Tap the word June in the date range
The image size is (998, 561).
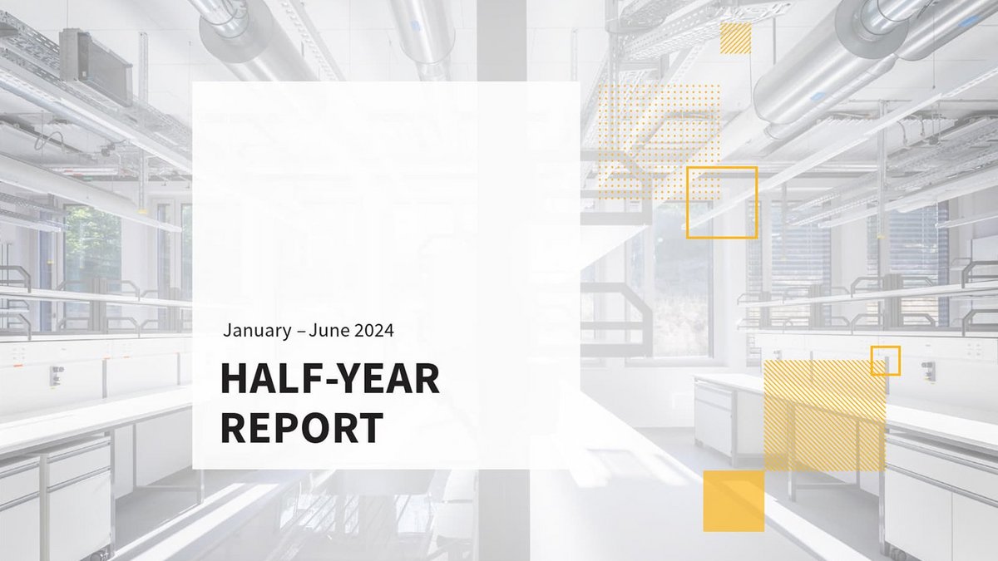coord(329,330)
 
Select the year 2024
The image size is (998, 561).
coord(373,330)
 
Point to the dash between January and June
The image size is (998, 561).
coord(301,331)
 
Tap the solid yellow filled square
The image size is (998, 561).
coord(734,501)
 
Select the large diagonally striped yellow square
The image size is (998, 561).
coord(824,416)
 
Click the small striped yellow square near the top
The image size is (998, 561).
coord(735,38)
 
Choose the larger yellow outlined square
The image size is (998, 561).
coord(722,202)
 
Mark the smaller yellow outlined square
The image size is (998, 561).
coord(885,361)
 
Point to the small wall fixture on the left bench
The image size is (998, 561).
coord(57,375)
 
